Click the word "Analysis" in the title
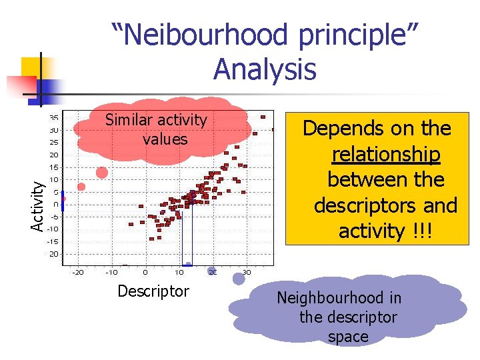tap(265, 69)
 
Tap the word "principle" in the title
tap(345, 36)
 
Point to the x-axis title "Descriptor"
tap(153, 291)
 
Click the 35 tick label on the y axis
tap(53, 118)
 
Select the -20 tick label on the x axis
tap(77, 272)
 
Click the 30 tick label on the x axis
tap(247, 272)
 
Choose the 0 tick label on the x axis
tap(145, 272)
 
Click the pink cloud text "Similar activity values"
tap(157, 129)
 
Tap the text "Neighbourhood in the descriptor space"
tap(348, 317)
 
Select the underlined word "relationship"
tap(386, 154)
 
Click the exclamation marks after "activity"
tap(423, 231)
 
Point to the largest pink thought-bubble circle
tap(102, 173)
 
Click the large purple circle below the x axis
tap(238, 279)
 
